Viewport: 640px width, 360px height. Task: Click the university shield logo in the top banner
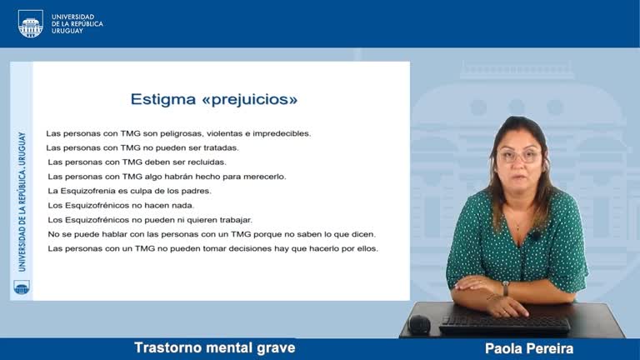click(x=30, y=23)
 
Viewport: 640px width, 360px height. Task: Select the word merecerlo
click(x=264, y=177)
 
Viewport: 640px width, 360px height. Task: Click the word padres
click(x=197, y=191)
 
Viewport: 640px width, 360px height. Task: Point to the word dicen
click(x=363, y=234)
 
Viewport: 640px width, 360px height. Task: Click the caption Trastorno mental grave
click(x=214, y=347)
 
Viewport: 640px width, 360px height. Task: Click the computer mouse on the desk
click(x=419, y=324)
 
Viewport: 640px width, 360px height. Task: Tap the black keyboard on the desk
click(x=505, y=324)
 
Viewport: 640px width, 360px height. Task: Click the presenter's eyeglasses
click(x=518, y=156)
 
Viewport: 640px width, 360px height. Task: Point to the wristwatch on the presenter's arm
click(x=505, y=287)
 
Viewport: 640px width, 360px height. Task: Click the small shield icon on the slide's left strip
click(x=21, y=287)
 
